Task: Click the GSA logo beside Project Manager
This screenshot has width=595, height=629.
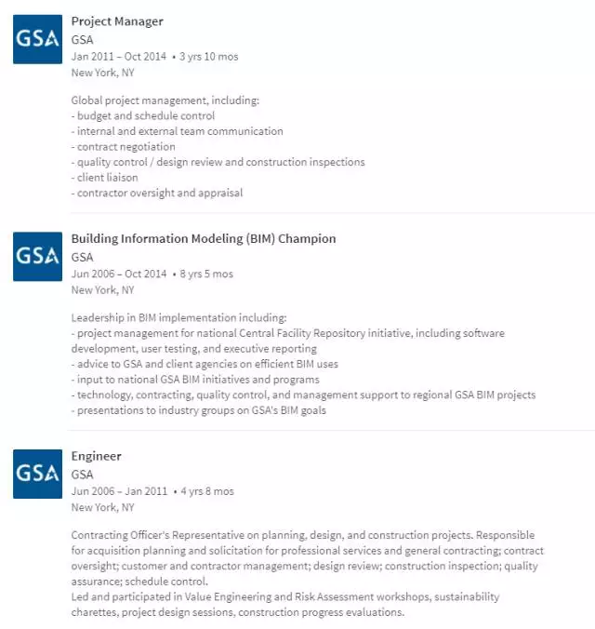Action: tap(37, 40)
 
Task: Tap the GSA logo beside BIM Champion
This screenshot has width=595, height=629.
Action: tap(37, 257)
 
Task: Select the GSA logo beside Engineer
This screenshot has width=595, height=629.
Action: tap(37, 474)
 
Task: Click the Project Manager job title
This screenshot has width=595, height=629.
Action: tap(117, 21)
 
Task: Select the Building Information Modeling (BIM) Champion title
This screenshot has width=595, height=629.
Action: tap(204, 239)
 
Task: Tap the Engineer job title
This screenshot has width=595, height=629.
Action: tap(97, 457)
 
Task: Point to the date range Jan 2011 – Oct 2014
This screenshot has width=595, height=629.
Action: tap(119, 57)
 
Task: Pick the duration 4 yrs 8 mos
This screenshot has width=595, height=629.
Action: tap(207, 491)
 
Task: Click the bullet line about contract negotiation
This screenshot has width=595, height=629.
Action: tap(124, 147)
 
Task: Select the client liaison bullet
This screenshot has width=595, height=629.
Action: tap(105, 178)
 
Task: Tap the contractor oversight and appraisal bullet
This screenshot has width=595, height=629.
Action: tap(157, 194)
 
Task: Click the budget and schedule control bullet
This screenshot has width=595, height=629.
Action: tap(143, 116)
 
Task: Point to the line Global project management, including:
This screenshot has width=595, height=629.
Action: tap(165, 100)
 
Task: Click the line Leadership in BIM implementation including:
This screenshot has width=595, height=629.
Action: tap(179, 317)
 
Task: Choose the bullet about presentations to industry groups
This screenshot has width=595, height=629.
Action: tap(199, 410)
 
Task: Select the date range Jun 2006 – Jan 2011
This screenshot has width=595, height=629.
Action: tap(119, 491)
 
